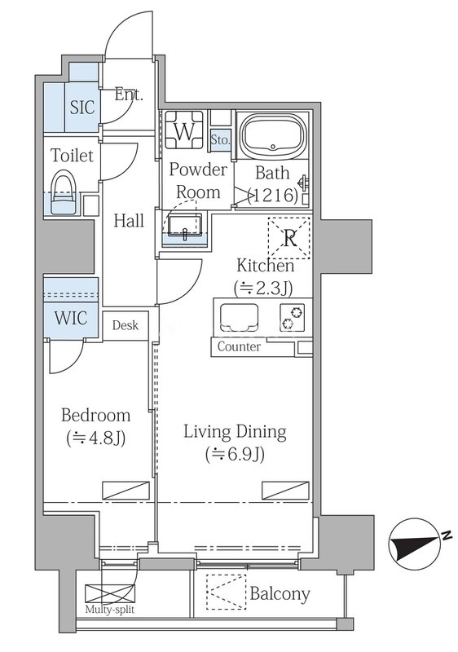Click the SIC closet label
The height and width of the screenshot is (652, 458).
pyautogui.click(x=82, y=108)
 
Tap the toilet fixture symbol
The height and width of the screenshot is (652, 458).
pyautogui.click(x=64, y=192)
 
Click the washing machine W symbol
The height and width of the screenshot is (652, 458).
pyautogui.click(x=184, y=130)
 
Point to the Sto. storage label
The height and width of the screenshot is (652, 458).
pyautogui.click(x=220, y=139)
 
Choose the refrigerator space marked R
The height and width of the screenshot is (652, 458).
pyautogui.click(x=289, y=238)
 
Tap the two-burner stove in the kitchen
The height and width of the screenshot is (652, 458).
pyautogui.click(x=293, y=317)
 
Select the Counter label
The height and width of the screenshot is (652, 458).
pyautogui.click(x=240, y=346)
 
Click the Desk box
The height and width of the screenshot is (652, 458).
pyautogui.click(x=126, y=325)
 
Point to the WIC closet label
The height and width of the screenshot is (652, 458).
pyautogui.click(x=71, y=318)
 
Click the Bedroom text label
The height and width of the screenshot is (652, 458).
pyautogui.click(x=95, y=415)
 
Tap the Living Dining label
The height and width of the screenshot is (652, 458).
pyautogui.click(x=236, y=433)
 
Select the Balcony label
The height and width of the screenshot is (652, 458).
pyautogui.click(x=280, y=593)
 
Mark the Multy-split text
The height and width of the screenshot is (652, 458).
pyautogui.click(x=110, y=610)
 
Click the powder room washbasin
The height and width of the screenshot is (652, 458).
pyautogui.click(x=185, y=227)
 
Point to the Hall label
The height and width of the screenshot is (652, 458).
pyautogui.click(x=130, y=220)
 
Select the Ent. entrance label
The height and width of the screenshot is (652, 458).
pyautogui.click(x=129, y=95)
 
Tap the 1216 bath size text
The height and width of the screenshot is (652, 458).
pyautogui.click(x=273, y=195)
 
